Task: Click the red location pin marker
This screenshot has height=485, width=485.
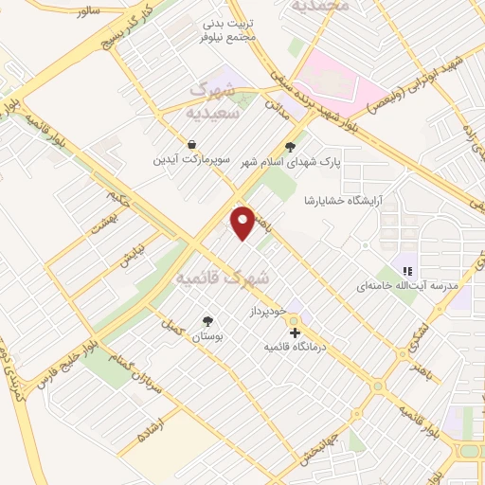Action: click(x=243, y=222)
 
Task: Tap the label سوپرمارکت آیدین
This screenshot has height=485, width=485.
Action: click(x=192, y=160)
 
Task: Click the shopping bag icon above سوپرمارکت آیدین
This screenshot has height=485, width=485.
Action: click(x=192, y=145)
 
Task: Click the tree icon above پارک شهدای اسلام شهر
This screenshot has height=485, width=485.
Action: click(x=290, y=146)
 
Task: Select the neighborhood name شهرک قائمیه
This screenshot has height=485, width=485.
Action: click(x=223, y=278)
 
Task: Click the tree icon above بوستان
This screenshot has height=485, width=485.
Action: click(x=207, y=320)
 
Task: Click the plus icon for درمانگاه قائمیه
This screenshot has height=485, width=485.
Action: click(x=296, y=333)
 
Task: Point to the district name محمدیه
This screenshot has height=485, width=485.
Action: click(x=319, y=7)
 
